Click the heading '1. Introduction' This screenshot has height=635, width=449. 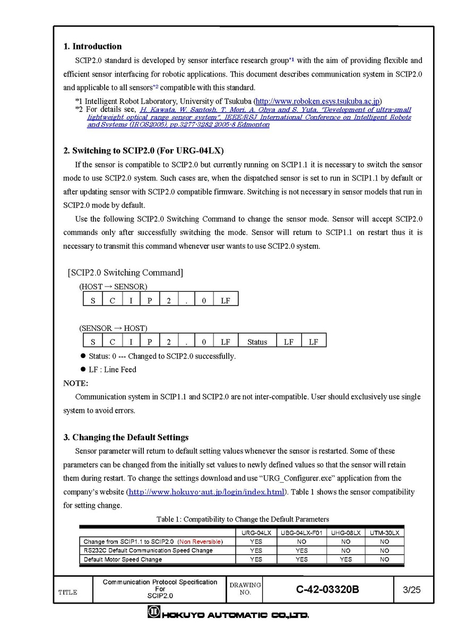pyautogui.click(x=92, y=46)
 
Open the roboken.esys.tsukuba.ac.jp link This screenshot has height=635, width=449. pyautogui.click(x=318, y=101)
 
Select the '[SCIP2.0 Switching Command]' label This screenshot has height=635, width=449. pyautogui.click(x=125, y=272)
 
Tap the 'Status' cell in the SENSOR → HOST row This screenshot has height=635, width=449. pyautogui.click(x=257, y=342)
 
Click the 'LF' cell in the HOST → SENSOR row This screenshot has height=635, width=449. pyautogui.click(x=225, y=300)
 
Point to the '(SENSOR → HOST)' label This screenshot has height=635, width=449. pyautogui.click(x=114, y=328)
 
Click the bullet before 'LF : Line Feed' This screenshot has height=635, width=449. pyautogui.click(x=83, y=369)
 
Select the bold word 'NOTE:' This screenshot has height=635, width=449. pyautogui.click(x=76, y=383)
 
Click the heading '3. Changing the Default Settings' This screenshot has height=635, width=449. pyautogui.click(x=126, y=437)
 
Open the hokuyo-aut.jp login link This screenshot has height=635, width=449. pyautogui.click(x=206, y=492)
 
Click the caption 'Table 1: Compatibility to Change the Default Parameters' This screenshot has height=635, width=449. pyautogui.click(x=243, y=519)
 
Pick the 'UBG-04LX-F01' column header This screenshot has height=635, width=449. pyautogui.click(x=301, y=533)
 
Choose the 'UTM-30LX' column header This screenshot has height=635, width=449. pyautogui.click(x=384, y=533)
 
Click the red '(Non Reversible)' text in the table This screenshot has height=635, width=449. pyautogui.click(x=200, y=542)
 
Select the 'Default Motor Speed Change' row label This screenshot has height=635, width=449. pyautogui.click(x=123, y=559)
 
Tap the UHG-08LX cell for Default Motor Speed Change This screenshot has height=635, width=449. pyautogui.click(x=346, y=559)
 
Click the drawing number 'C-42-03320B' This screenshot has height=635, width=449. pyautogui.click(x=327, y=589)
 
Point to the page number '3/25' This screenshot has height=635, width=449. pyautogui.click(x=412, y=589)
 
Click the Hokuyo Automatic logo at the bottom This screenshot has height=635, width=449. pyautogui.click(x=228, y=614)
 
